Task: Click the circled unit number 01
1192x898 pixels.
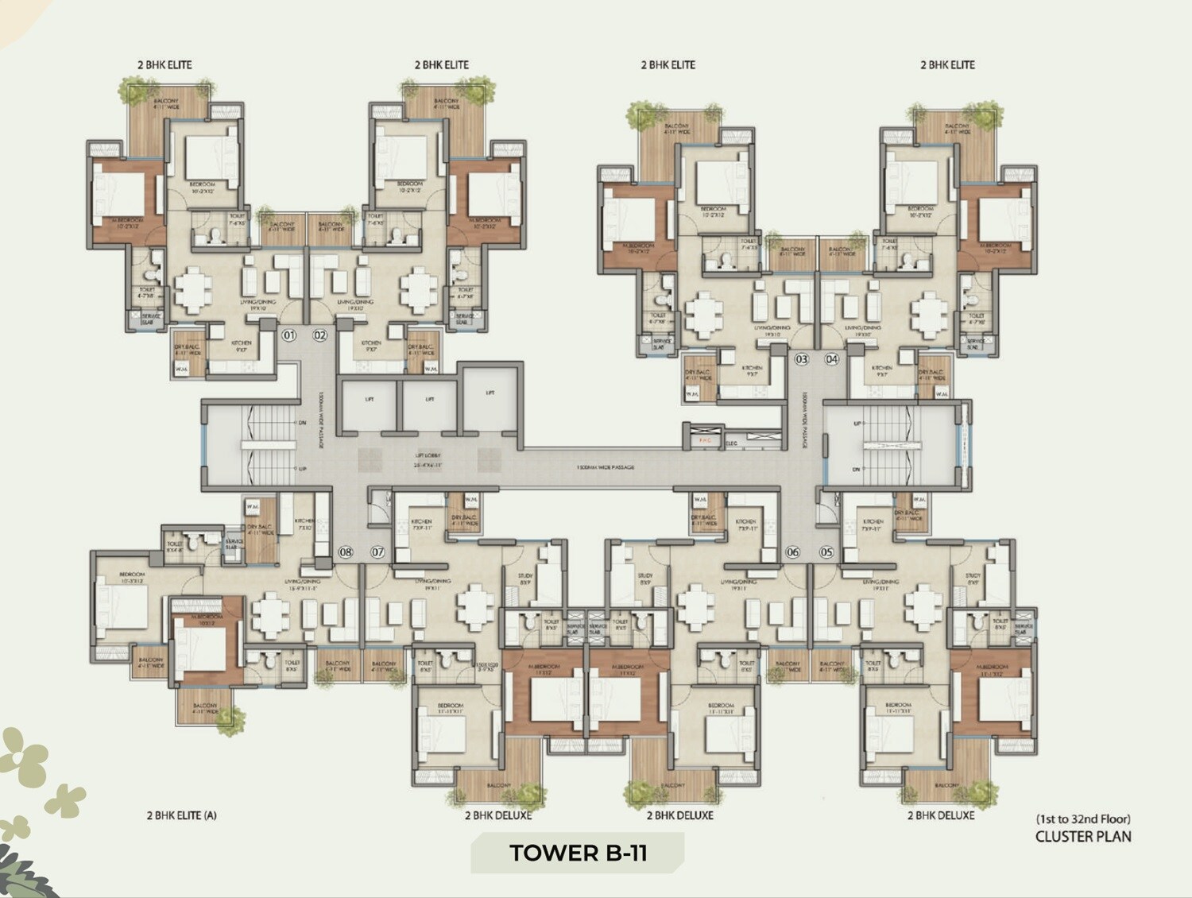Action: pyautogui.click(x=289, y=335)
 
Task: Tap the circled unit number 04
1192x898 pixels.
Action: pyautogui.click(x=832, y=359)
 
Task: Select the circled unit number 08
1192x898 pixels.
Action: pyautogui.click(x=346, y=552)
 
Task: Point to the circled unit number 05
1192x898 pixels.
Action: pyautogui.click(x=827, y=552)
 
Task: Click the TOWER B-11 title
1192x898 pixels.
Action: pyautogui.click(x=578, y=853)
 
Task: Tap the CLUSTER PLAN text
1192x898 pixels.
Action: pyautogui.click(x=1082, y=836)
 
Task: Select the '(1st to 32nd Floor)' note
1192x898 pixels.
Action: pyautogui.click(x=1082, y=819)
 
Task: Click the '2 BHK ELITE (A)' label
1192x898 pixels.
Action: pyautogui.click(x=181, y=815)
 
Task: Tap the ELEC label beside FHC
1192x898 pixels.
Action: pyautogui.click(x=731, y=443)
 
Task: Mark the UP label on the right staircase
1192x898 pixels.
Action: pyautogui.click(x=856, y=424)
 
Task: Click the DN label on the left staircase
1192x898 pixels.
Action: pyautogui.click(x=302, y=423)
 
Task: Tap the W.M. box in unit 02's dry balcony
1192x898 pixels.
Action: pyautogui.click(x=430, y=369)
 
